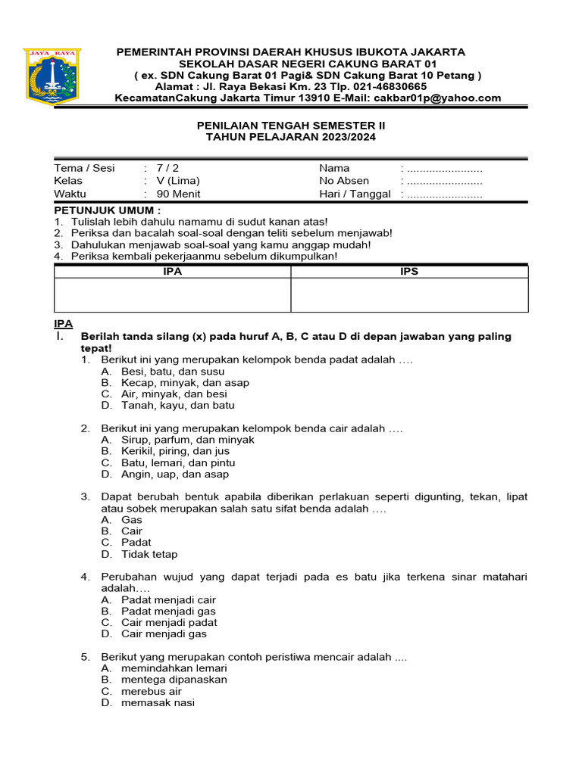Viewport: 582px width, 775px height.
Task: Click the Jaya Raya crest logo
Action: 53,76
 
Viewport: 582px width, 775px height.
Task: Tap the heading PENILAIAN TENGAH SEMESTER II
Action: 291,125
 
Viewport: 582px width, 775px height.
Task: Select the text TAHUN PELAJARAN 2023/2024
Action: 291,137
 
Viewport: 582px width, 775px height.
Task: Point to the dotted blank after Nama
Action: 444,168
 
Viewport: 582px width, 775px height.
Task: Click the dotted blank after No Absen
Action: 444,181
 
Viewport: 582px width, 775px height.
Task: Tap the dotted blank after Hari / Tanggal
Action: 444,194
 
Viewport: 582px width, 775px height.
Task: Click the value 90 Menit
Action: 178,194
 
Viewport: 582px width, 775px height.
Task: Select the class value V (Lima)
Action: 178,181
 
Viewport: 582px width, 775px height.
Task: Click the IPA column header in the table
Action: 173,271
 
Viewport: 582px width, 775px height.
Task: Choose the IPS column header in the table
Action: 409,271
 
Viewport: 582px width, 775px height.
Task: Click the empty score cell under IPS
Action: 409,294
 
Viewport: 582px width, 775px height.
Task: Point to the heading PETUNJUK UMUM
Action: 107,209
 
